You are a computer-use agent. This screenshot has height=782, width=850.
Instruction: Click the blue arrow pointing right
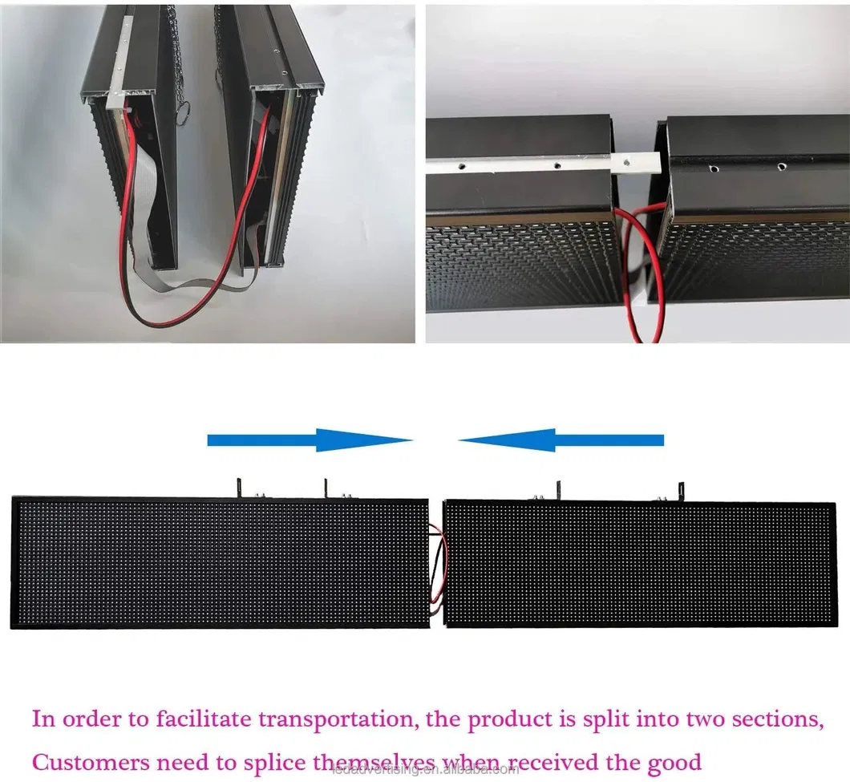click(x=309, y=440)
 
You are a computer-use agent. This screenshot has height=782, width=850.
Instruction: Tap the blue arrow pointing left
click(x=561, y=440)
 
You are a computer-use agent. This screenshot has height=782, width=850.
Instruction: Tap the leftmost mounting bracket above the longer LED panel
click(x=238, y=487)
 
